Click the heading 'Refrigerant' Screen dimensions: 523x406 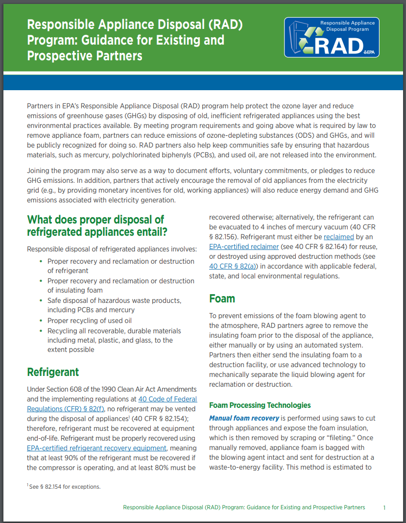tap(53, 372)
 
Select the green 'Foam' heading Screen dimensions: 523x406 tap(222, 299)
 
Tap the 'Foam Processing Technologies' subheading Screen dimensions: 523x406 tap(260, 405)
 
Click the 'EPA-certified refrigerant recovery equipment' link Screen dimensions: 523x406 tap(97, 448)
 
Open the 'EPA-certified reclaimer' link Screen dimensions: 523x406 tap(244, 247)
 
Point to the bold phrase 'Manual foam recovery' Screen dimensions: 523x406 tap(244, 419)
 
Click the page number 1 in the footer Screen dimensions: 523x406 tap(384, 507)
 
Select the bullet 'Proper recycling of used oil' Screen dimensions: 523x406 tap(89, 321)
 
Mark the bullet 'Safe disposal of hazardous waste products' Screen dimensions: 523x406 tap(114, 300)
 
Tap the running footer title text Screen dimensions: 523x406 tap(244, 507)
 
